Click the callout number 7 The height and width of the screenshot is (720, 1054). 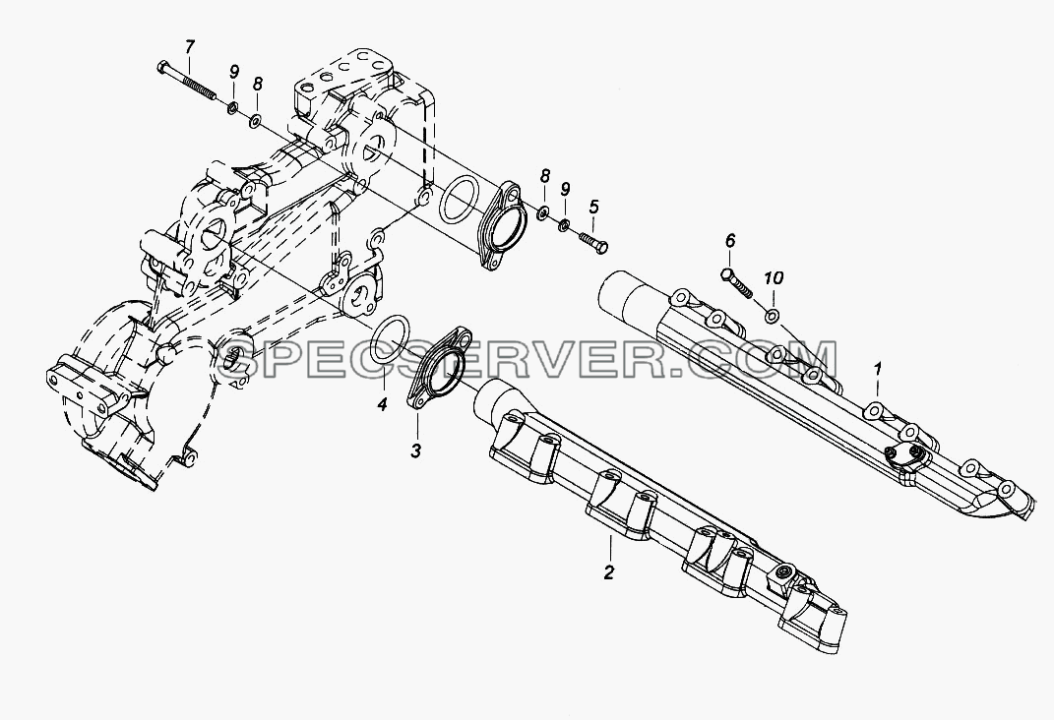[x=190, y=47]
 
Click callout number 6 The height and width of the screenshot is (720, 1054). [x=730, y=240]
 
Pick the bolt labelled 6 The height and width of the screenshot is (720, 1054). [x=737, y=282]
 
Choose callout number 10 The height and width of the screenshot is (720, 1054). [x=773, y=277]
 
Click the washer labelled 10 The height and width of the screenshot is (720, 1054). [x=773, y=315]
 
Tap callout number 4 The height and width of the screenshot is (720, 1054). [x=382, y=405]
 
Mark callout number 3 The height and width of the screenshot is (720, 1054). [x=415, y=450]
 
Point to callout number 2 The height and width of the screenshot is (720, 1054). [x=609, y=572]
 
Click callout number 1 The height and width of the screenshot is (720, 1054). [x=877, y=368]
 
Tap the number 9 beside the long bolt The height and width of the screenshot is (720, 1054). [x=234, y=72]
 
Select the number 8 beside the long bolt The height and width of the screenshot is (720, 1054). [x=258, y=84]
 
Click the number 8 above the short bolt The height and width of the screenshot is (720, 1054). [x=545, y=176]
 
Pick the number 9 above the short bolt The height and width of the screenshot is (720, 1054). [x=565, y=190]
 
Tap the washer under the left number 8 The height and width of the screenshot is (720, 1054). [x=256, y=122]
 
